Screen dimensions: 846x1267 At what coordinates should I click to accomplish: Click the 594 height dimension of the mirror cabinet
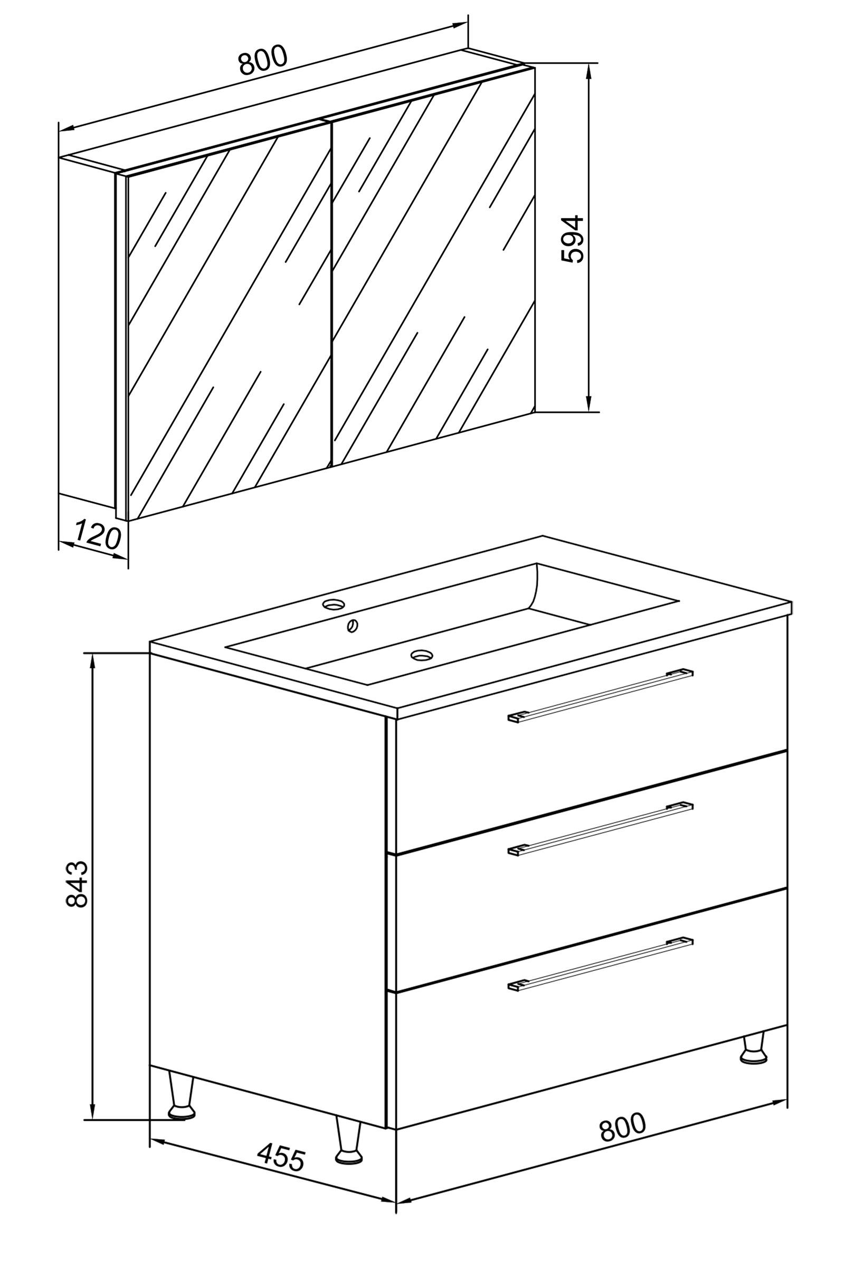pos(573,239)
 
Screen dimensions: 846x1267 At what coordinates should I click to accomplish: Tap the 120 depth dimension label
pos(98,534)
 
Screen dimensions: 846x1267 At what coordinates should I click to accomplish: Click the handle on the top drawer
pos(600,696)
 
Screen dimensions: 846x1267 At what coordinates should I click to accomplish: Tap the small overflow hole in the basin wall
pos(353,626)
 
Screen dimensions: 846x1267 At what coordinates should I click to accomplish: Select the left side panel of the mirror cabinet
pos(88,332)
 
